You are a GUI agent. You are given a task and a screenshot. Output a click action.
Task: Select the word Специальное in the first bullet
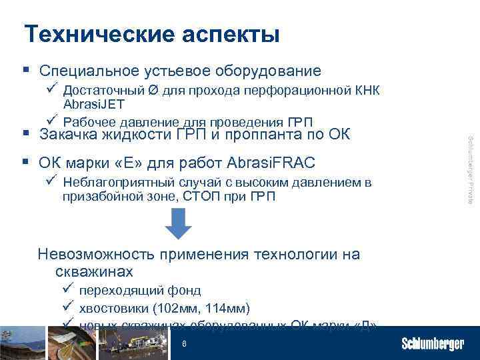[89, 71]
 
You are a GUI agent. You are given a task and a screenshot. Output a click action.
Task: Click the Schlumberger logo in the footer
[433, 344]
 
